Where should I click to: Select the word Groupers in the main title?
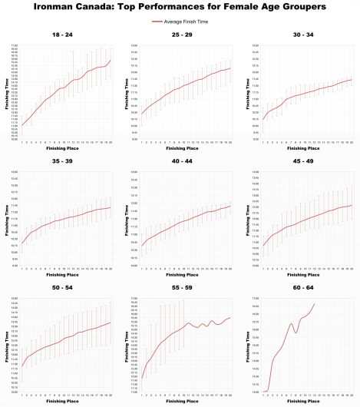coord(302,7)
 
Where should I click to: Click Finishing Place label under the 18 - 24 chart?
coord(66,148)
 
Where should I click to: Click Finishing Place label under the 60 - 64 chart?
coord(307,401)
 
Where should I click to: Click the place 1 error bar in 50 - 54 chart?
coord(22,367)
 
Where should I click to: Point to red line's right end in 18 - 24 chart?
coord(111,60)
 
